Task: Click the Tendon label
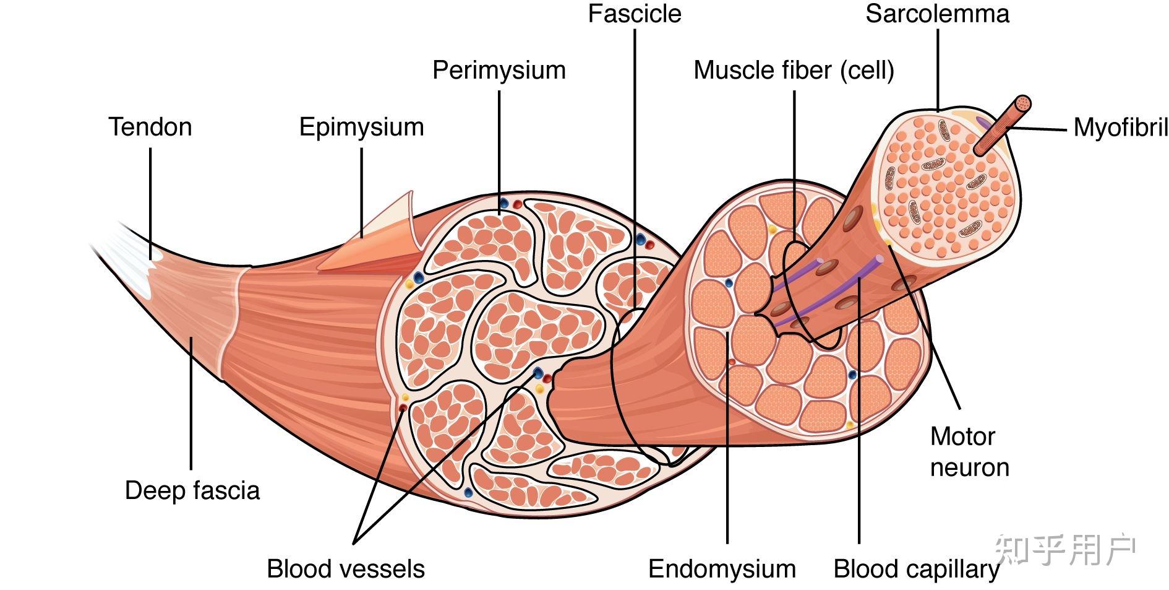tap(150, 127)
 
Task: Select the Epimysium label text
tap(362, 127)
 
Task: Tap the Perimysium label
tap(499, 70)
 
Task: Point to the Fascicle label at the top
tap(634, 14)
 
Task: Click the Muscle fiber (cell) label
tap(794, 70)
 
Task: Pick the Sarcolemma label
tap(937, 14)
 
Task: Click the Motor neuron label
tap(969, 452)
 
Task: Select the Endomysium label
tap(722, 569)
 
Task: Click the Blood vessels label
tap(346, 569)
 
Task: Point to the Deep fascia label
tap(192, 490)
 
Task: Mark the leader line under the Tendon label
tap(150, 198)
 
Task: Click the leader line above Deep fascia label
tap(191, 402)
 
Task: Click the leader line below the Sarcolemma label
tap(938, 68)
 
